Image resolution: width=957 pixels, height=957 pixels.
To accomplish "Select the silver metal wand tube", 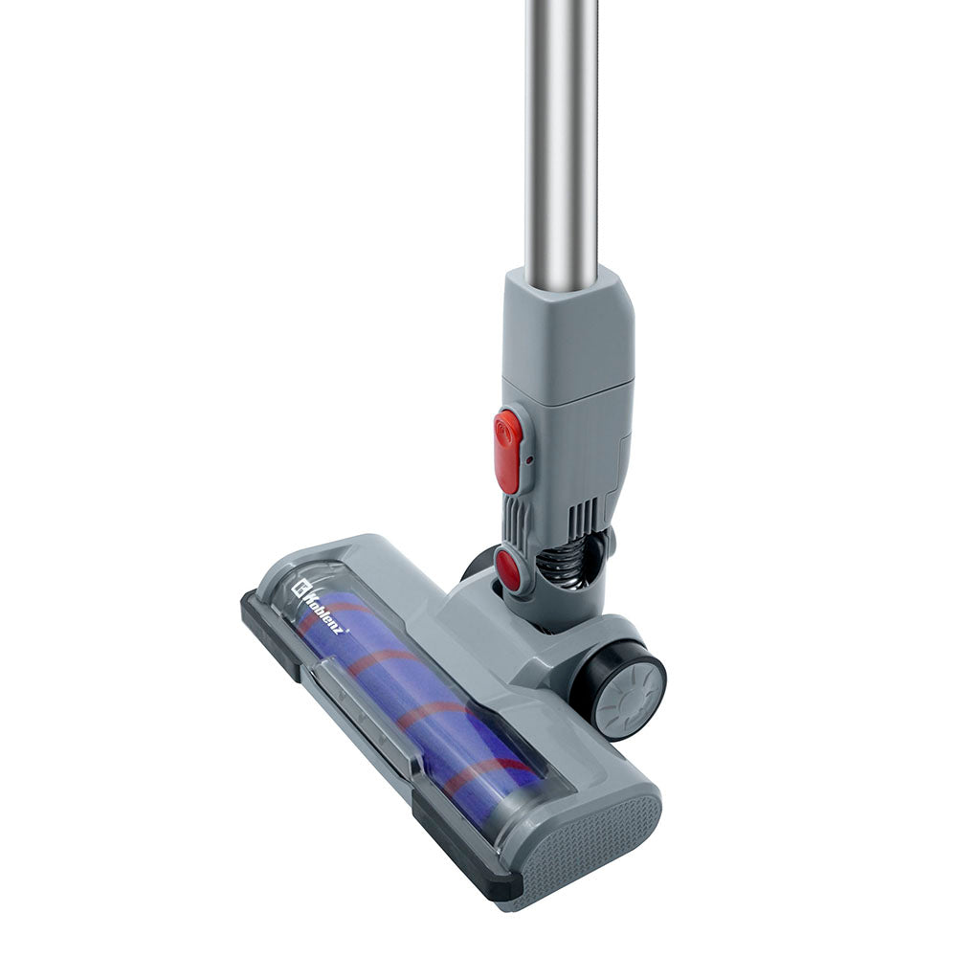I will (x=561, y=134).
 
